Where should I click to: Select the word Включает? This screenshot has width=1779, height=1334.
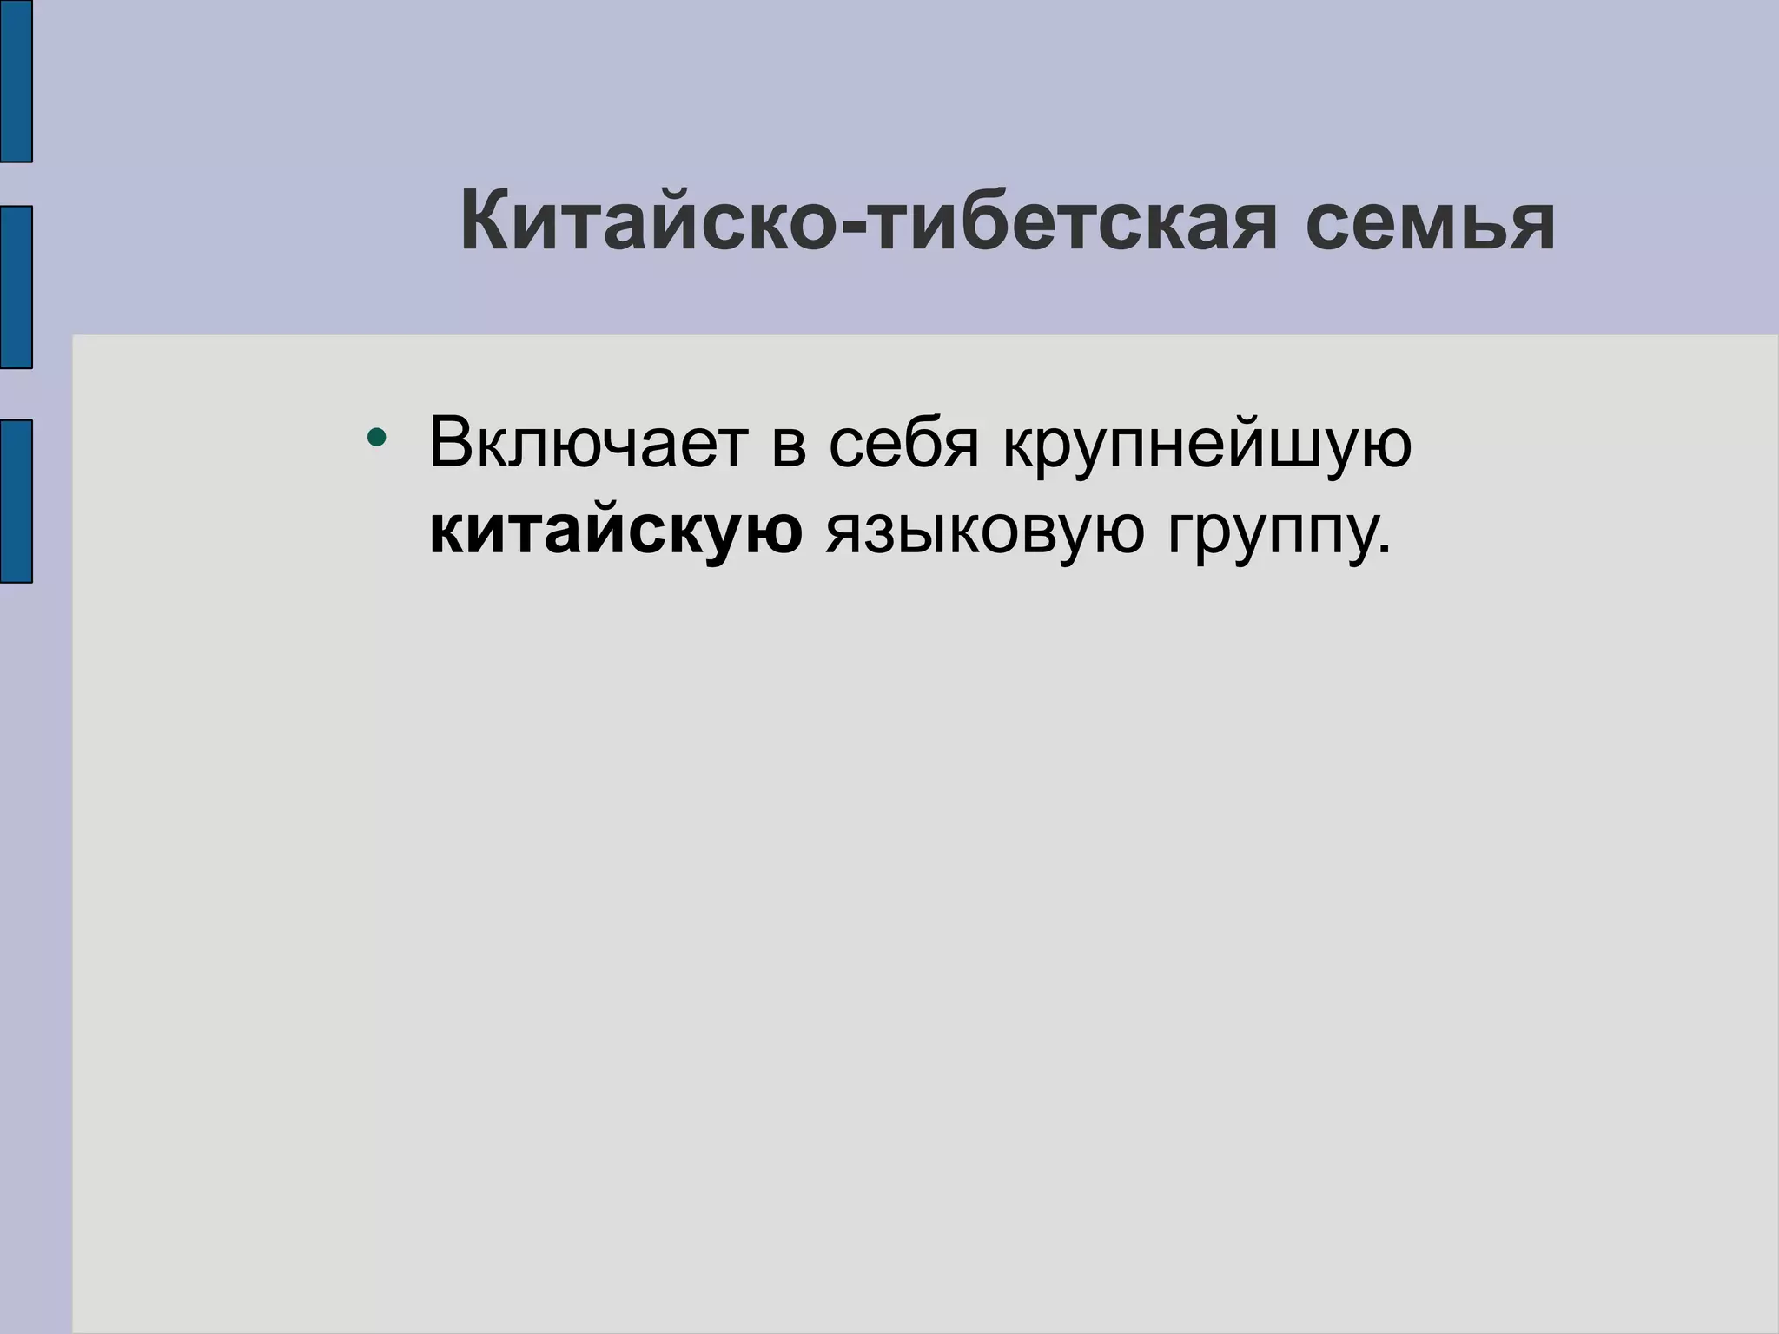588,443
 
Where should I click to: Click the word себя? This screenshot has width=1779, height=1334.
903,443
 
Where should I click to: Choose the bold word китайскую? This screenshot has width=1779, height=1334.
616,532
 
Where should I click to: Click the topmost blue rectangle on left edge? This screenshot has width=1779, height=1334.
16,81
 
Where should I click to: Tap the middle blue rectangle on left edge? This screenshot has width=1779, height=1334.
16,287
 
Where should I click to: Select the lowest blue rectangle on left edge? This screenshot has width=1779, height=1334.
16,501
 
